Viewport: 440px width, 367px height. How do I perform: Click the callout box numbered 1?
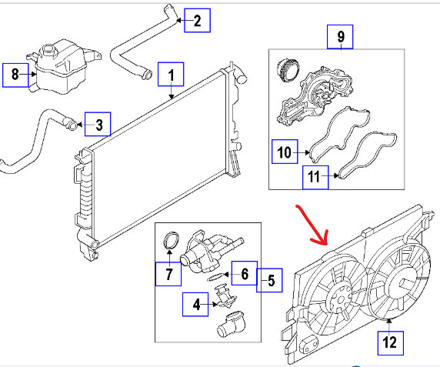(171, 74)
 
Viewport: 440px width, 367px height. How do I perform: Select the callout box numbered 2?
(197, 20)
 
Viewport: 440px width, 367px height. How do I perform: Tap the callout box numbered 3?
(98, 124)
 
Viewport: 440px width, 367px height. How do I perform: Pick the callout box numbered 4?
(195, 304)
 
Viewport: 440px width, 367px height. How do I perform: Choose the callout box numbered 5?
(269, 280)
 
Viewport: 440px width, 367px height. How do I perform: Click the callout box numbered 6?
(245, 273)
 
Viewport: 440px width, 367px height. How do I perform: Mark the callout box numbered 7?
(168, 274)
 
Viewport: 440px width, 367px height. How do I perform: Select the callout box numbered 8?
(15, 75)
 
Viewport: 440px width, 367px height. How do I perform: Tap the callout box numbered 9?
(340, 37)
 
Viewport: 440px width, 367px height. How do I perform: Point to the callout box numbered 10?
(285, 152)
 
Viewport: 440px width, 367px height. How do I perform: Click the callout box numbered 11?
(315, 177)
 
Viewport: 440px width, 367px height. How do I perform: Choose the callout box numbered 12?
(391, 343)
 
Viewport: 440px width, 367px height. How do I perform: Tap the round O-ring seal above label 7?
(171, 241)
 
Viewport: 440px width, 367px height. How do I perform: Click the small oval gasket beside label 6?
(215, 277)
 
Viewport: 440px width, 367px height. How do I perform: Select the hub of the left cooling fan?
(340, 300)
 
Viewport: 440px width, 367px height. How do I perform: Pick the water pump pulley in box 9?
(288, 69)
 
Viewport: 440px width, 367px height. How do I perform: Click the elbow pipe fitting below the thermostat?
(232, 325)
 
